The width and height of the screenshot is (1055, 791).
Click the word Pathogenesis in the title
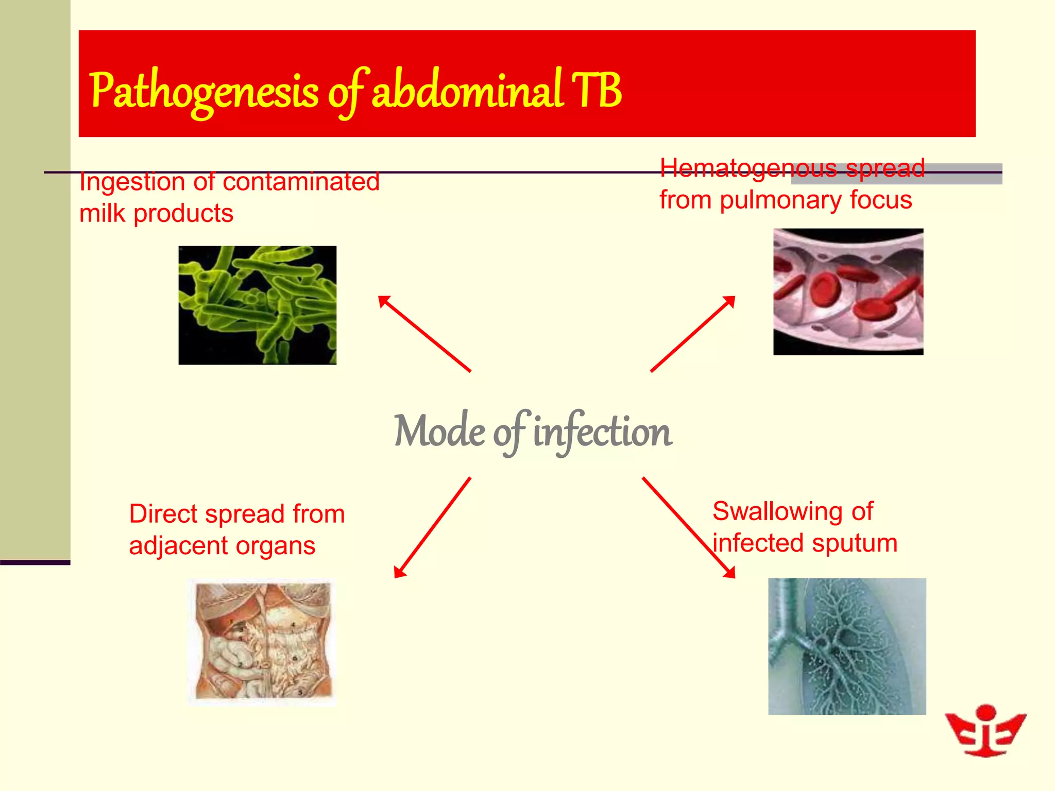[x=204, y=92]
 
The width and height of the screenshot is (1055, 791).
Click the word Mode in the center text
[x=438, y=432]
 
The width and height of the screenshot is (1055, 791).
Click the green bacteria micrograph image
[x=257, y=305]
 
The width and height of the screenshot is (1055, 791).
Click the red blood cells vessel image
[x=847, y=291]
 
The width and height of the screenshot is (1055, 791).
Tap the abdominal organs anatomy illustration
[x=262, y=641]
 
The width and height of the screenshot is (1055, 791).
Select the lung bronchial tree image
[x=846, y=646]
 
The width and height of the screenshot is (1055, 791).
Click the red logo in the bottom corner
[x=985, y=730]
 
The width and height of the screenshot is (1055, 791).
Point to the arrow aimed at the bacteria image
[x=424, y=333]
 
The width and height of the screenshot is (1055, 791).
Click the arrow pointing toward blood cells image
[x=692, y=334]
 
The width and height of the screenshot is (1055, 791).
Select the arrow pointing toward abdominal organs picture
[x=432, y=528]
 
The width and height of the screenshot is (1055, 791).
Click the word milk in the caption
[x=102, y=213]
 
